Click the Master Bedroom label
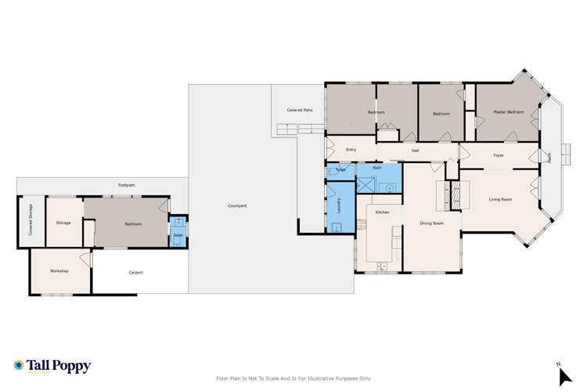[x=508, y=113]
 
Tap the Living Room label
[x=500, y=200]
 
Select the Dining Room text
[x=431, y=223]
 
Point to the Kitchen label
[x=382, y=212]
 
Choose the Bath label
[x=376, y=168]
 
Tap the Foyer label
[x=499, y=155]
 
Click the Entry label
[x=351, y=150]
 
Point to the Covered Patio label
[x=300, y=111]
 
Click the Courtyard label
[x=238, y=205]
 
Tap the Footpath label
[x=127, y=185]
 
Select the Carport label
[x=135, y=272]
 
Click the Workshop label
[x=59, y=270]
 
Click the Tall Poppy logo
[x=53, y=366]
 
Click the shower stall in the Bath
[x=365, y=183]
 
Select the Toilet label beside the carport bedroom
[x=178, y=234]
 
